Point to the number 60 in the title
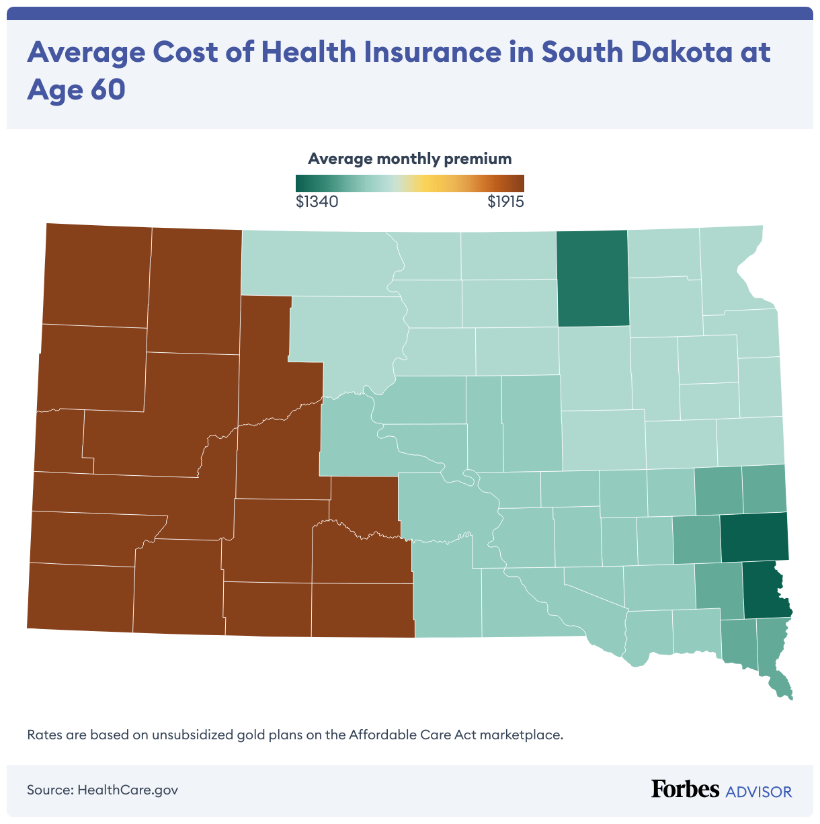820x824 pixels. pos(106,90)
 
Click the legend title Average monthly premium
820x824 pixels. pos(409,159)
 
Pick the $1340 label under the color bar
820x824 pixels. pos(317,202)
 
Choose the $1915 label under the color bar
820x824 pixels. pos(505,202)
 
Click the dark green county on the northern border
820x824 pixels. pos(593,278)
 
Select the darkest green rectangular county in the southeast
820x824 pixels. pos(753,537)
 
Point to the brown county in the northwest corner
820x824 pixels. pos(97,276)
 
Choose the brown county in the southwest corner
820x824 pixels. pos(81,598)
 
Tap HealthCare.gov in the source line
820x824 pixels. pos(128,790)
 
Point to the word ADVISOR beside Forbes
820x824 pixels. pos(759,792)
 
